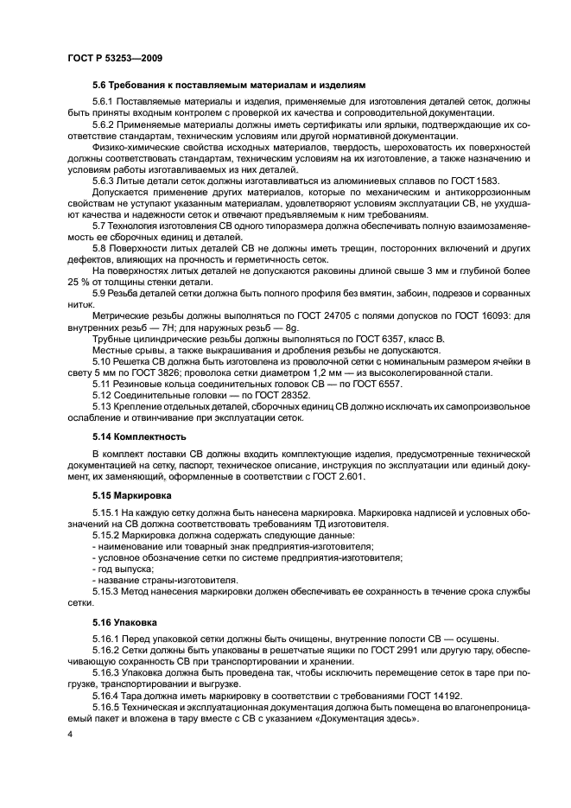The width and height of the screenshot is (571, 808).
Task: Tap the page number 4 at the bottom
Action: pos(69,735)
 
